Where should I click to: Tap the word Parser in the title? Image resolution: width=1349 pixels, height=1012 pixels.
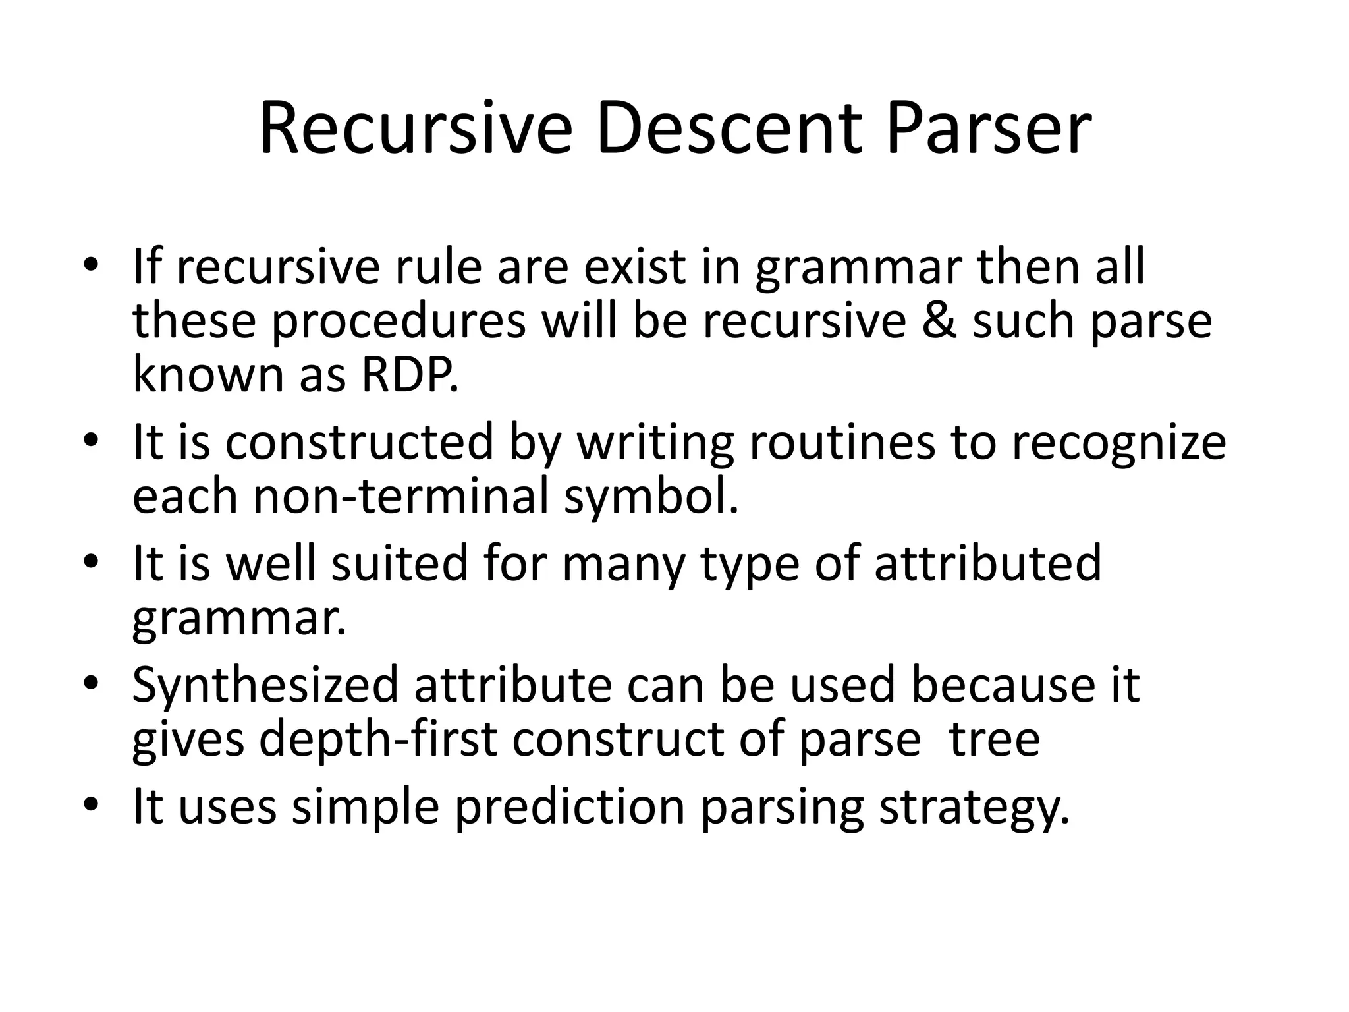pos(989,129)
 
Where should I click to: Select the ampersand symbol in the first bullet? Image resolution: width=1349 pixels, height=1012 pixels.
pos(939,322)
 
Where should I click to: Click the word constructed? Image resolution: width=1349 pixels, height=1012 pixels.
pos(360,443)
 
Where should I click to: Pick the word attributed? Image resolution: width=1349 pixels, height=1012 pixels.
pos(987,564)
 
